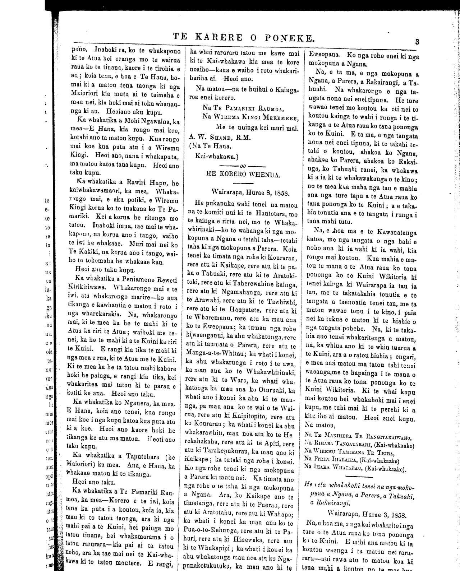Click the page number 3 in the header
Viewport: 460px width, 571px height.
pos(417,41)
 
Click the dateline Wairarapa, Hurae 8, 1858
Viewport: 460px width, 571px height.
pos(251,191)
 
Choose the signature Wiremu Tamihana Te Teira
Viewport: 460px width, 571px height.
pos(354,453)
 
